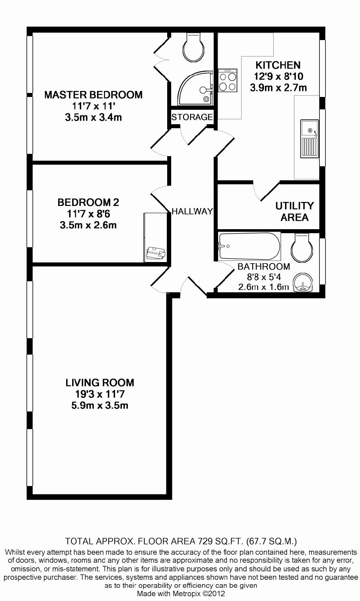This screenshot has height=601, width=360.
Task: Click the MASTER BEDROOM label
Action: (93, 95)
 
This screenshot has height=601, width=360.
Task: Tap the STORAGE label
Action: (192, 117)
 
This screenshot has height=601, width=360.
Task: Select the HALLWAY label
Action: (192, 211)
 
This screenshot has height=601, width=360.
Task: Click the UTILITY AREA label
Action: (294, 212)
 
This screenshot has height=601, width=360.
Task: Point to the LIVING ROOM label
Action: (100, 383)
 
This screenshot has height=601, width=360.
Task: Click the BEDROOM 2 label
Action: (88, 202)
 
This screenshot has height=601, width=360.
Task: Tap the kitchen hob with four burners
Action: (227, 81)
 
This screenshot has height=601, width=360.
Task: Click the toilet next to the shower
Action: (194, 48)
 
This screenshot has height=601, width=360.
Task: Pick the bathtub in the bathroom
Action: (249, 246)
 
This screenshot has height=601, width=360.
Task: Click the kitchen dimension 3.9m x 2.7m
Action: (278, 87)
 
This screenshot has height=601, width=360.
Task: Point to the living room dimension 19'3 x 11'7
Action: (100, 394)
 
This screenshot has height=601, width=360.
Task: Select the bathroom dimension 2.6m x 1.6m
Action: (263, 287)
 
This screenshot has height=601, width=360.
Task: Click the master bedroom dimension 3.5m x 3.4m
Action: (93, 117)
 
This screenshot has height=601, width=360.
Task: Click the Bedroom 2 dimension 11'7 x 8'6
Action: (88, 214)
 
